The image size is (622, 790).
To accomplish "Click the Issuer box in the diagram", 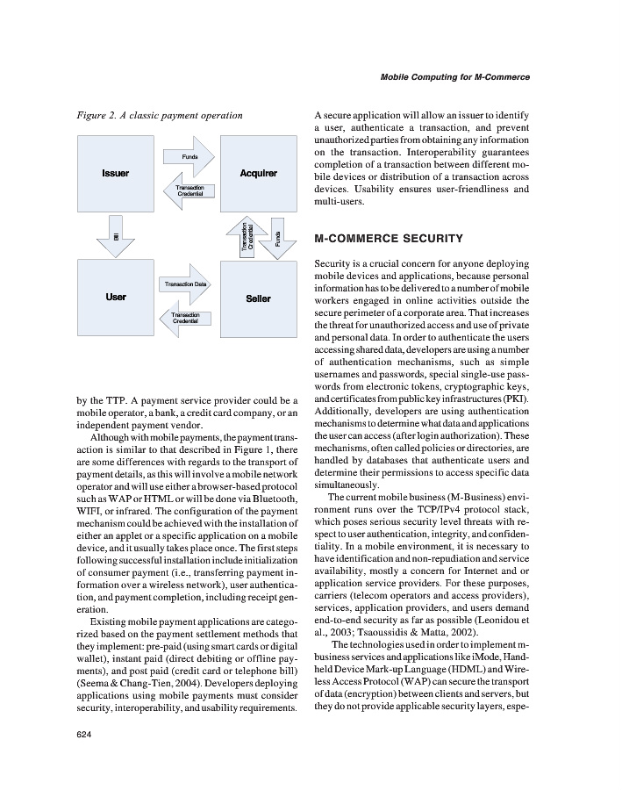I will (115, 173).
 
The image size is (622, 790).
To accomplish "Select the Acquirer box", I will (258, 173).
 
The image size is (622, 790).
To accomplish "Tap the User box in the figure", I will (115, 298).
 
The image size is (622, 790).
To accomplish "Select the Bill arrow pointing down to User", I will (115, 236).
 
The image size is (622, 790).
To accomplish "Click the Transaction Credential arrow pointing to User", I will (184, 317).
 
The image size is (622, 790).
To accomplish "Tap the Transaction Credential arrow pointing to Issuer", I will (188, 190).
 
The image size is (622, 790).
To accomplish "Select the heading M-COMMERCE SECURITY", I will (388, 239).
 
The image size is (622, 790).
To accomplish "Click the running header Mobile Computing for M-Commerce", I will (454, 77).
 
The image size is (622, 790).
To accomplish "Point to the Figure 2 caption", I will (159, 115).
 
